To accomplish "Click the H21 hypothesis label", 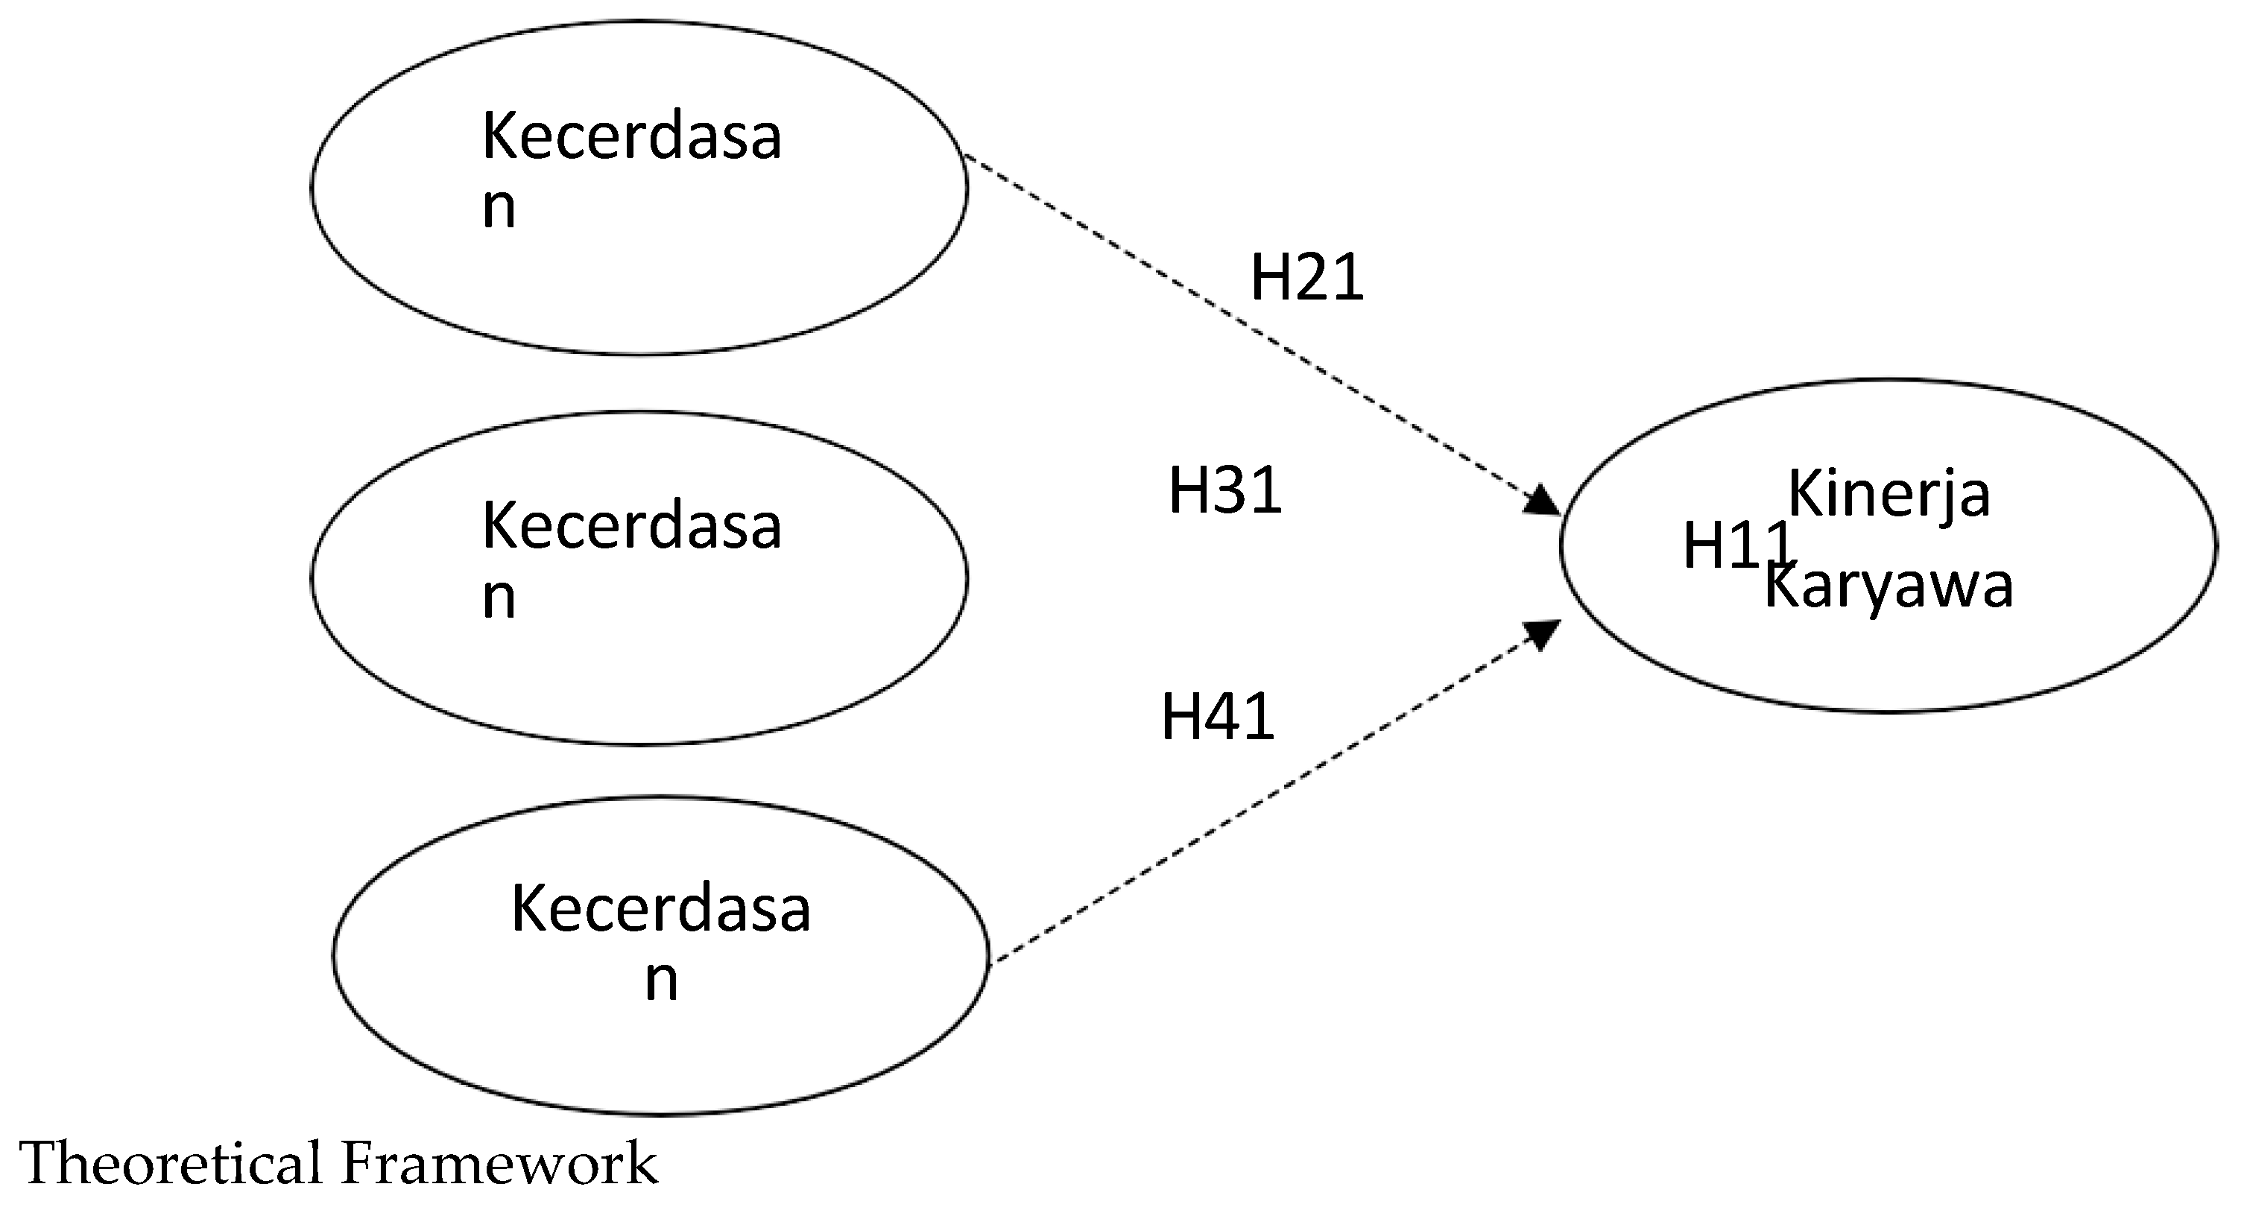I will pyautogui.click(x=1306, y=278).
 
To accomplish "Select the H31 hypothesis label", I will pyautogui.click(x=1224, y=490).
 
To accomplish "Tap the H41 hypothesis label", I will pyautogui.click(x=1217, y=717).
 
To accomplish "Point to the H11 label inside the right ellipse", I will pyautogui.click(x=1729, y=546).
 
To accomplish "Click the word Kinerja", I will pyautogui.click(x=1889, y=495).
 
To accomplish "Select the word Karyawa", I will pyautogui.click(x=1889, y=586).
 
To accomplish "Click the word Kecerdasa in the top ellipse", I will pyautogui.click(x=631, y=138).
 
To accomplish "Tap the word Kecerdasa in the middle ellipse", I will pyautogui.click(x=631, y=527).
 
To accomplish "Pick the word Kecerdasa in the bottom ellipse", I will pyautogui.click(x=660, y=909).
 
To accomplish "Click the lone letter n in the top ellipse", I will pyautogui.click(x=499, y=209).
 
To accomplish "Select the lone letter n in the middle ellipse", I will pyautogui.click(x=499, y=599).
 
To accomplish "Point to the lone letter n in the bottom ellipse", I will pyautogui.click(x=661, y=981).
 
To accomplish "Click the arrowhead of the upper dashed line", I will pyautogui.click(x=1543, y=501).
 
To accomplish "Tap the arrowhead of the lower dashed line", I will pyautogui.click(x=1543, y=633).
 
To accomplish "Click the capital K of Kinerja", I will pyautogui.click(x=1801, y=493).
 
